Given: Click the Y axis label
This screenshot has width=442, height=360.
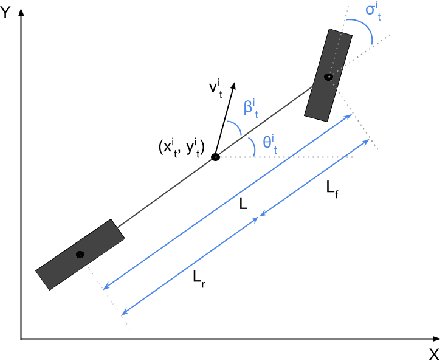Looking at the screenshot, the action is [x=5, y=13].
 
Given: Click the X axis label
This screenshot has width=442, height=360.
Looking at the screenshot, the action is [x=434, y=354].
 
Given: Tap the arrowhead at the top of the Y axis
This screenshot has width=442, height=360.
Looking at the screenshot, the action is [x=22, y=12].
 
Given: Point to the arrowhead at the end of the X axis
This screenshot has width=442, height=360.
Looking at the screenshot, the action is [x=436, y=339].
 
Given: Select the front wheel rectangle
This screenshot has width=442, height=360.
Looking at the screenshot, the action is [x=328, y=75].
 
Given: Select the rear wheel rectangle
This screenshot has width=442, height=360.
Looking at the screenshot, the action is [x=80, y=255].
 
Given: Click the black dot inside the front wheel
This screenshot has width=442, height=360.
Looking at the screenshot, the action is [x=329, y=77].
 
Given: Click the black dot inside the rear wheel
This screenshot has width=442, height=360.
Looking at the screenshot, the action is [x=80, y=255].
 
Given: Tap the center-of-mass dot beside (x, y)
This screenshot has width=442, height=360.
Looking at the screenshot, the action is [x=216, y=157].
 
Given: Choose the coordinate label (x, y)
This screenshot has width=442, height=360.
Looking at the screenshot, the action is [x=181, y=148].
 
